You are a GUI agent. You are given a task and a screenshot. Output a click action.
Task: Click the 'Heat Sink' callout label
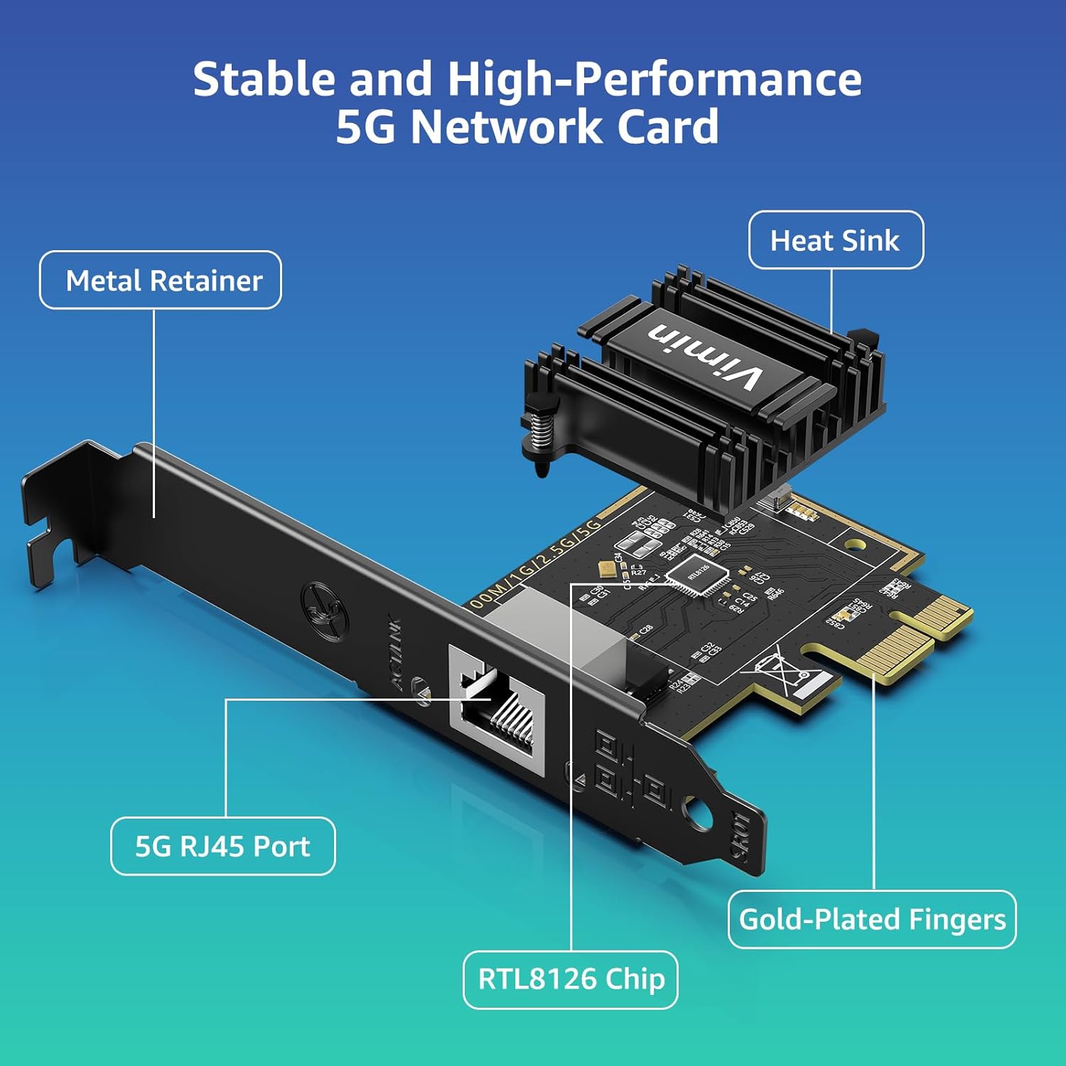pyautogui.click(x=836, y=240)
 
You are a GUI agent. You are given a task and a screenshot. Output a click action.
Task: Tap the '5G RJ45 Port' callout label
pyautogui.click(x=222, y=846)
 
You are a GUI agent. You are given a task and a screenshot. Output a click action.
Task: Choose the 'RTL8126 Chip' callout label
pyautogui.click(x=571, y=979)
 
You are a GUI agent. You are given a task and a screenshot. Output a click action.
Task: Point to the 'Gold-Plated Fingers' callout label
pyautogui.click(x=872, y=919)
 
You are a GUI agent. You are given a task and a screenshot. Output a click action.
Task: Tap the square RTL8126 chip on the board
pyautogui.click(x=697, y=574)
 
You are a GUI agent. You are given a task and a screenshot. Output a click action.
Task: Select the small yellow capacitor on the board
pyautogui.click(x=606, y=568)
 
